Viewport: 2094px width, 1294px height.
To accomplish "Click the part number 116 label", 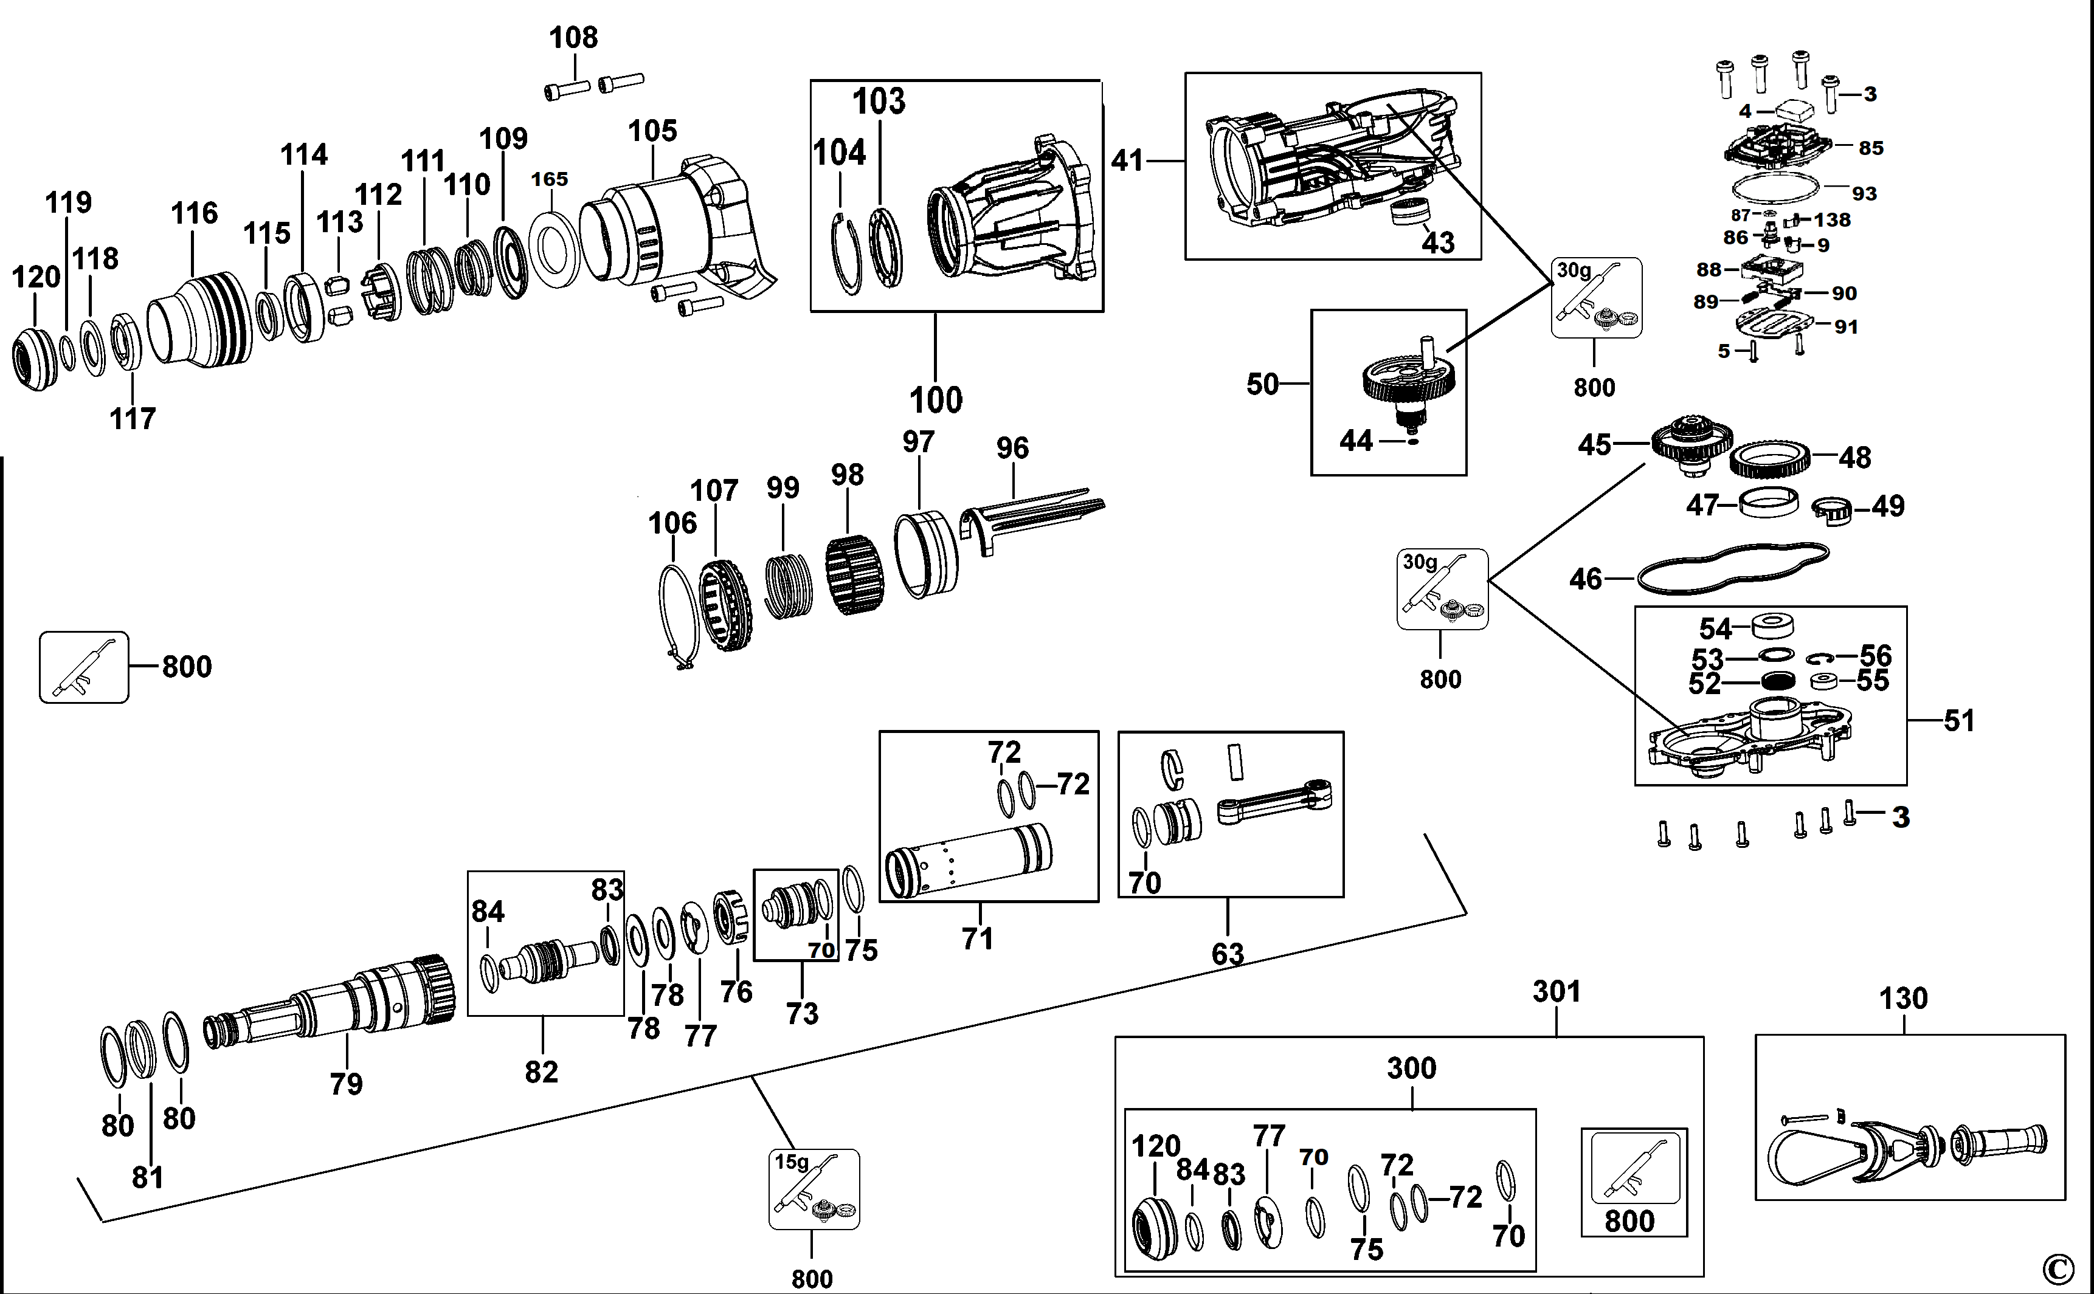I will [x=195, y=213].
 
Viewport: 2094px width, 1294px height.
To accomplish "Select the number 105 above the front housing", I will [x=652, y=131].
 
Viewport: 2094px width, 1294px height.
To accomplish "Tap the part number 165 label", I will [x=550, y=179].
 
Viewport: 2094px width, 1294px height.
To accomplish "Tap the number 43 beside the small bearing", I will [x=1438, y=243].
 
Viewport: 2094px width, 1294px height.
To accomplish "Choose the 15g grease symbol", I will [x=814, y=1189].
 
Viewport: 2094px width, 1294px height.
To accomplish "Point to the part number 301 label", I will [x=1557, y=992].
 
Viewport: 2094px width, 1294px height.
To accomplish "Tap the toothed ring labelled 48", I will [x=1769, y=462].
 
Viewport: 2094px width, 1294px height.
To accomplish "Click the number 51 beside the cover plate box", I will [x=1960, y=721].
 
